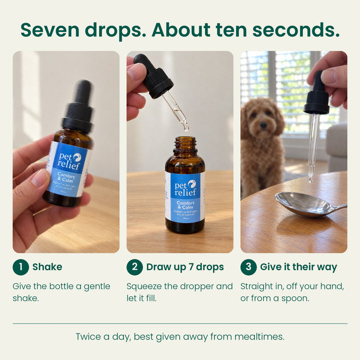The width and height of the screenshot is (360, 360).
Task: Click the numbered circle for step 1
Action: pyautogui.click(x=20, y=267)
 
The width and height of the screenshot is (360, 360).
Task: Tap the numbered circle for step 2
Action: pyautogui.click(x=134, y=267)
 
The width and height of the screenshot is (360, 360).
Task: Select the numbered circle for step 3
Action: pyautogui.click(x=248, y=267)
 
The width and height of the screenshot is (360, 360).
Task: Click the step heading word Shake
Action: pyautogui.click(x=47, y=267)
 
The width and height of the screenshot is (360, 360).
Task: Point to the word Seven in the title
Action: pyautogui.click(x=50, y=30)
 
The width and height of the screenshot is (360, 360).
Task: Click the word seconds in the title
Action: pyautogui.click(x=296, y=30)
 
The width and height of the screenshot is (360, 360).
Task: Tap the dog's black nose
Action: pyautogui.click(x=263, y=125)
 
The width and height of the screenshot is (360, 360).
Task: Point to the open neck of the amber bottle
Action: pyautogui.click(x=185, y=140)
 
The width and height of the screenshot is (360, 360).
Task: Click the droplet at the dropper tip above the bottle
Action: pyautogui.click(x=186, y=128)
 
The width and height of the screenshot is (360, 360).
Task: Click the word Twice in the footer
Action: pyautogui.click(x=88, y=336)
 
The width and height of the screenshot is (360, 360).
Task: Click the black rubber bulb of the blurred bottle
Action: pyautogui.click(x=83, y=91)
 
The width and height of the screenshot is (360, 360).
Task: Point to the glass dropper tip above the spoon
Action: pyautogui.click(x=310, y=180)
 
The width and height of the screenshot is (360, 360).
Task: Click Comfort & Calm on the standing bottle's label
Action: pyautogui.click(x=185, y=205)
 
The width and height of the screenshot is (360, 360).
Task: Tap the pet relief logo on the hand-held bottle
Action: pyautogui.click(x=69, y=161)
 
